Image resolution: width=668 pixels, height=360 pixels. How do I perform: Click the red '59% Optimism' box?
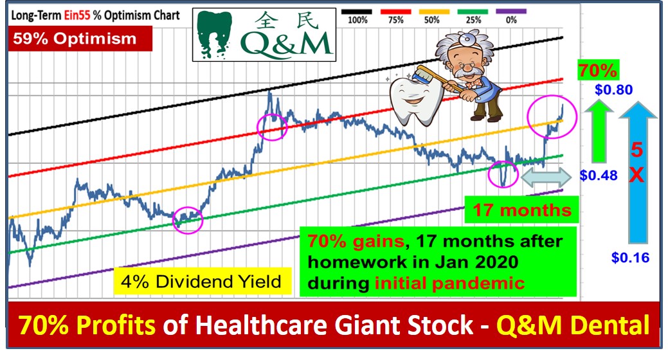pos(80,39)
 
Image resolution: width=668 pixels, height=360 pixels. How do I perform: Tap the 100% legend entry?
pos(357,16)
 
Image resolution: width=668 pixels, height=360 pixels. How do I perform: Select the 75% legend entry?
pos(395,16)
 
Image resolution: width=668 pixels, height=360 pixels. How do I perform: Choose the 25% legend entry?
pos(473,16)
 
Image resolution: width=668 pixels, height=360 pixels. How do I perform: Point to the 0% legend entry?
pos(511,16)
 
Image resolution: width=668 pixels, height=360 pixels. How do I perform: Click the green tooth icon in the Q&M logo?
pos(215,34)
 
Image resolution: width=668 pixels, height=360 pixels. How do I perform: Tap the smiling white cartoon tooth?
pos(411,101)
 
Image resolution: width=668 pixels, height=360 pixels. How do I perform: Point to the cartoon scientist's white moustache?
pos(467,73)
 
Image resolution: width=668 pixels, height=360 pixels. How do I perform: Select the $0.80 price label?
pos(613,89)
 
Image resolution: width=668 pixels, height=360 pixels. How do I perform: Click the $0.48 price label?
pos(599,175)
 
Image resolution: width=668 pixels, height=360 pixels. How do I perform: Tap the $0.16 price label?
pos(630,257)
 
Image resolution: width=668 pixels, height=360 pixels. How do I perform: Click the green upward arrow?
pos(599,131)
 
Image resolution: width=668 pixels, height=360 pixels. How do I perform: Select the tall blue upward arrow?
pos(637,172)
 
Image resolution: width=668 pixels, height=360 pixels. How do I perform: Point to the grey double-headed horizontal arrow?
pos(546,177)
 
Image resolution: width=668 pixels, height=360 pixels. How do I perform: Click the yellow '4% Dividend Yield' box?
pos(202,281)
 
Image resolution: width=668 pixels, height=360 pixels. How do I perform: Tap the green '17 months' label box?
pos(522,210)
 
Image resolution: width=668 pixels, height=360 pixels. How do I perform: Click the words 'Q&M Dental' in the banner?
pos(573,325)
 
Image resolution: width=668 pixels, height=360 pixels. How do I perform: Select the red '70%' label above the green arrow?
pos(598,70)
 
